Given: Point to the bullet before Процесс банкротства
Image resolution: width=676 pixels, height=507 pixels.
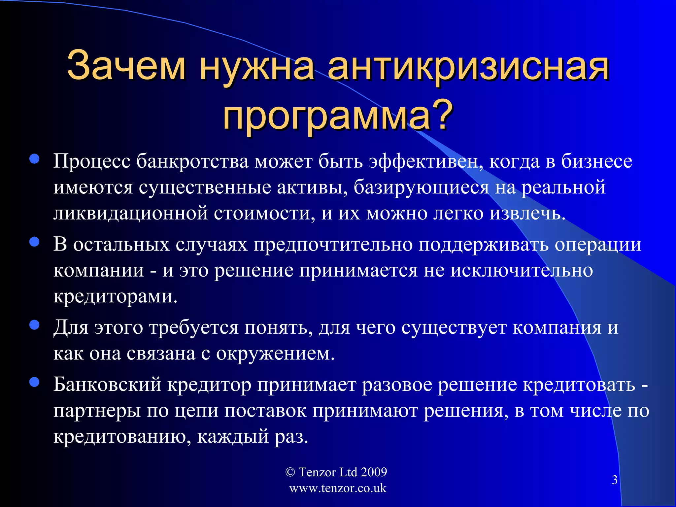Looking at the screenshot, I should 34,159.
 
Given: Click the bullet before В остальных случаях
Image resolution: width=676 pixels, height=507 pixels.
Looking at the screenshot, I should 34,242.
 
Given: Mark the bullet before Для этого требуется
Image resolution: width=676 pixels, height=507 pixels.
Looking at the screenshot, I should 34,325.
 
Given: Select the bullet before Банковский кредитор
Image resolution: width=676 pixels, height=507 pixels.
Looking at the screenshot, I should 34,382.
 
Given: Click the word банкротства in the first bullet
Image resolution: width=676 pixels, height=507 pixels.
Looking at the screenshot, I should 192,161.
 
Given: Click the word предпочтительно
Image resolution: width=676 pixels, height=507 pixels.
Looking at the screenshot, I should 333,245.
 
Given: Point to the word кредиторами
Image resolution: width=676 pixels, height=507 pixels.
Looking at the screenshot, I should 115,296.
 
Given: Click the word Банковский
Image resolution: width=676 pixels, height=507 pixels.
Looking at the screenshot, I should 107,385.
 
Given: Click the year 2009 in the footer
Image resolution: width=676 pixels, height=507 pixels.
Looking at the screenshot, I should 374,472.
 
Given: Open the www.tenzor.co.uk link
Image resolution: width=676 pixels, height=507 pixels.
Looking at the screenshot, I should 338,488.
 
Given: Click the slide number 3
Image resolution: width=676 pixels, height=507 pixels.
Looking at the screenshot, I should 615,480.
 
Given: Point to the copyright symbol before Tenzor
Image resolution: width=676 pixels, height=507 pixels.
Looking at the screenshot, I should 290,472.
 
